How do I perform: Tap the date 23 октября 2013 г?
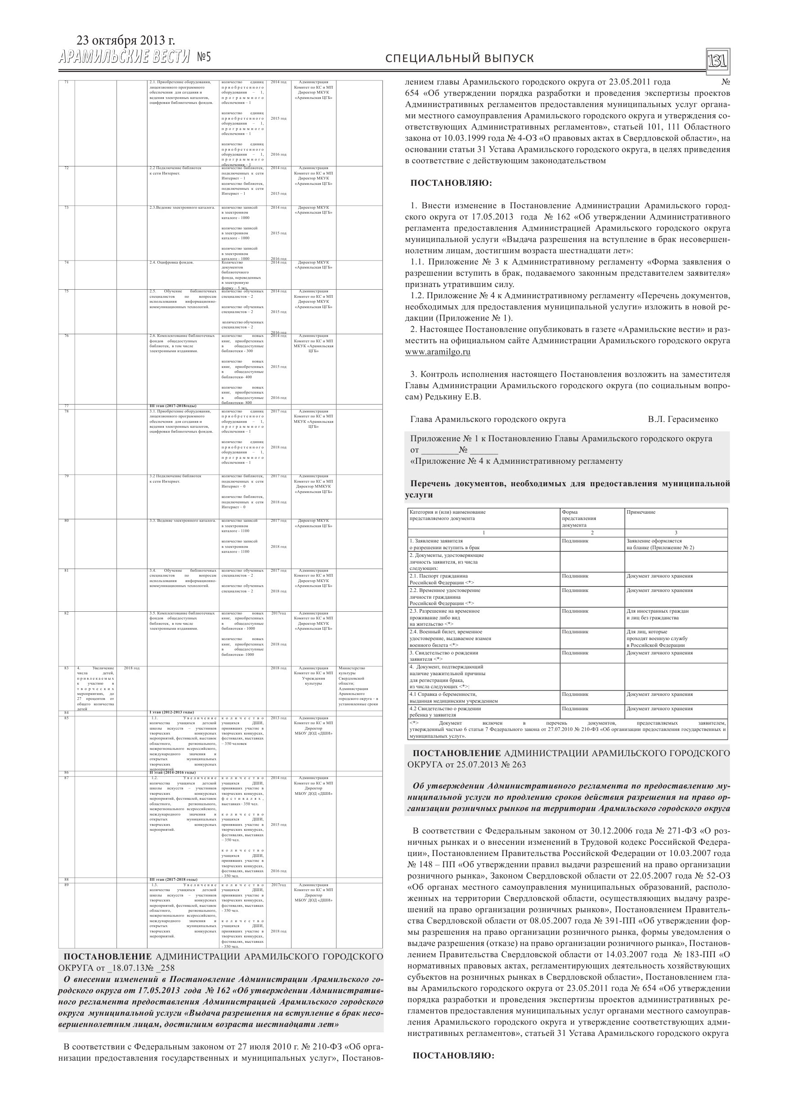click(126, 41)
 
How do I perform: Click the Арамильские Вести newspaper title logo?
click(125, 58)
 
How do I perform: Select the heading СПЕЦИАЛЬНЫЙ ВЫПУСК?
click(459, 58)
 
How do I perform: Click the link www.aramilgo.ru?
click(438, 352)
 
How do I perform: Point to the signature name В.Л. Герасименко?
click(682, 419)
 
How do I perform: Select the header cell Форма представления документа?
click(578, 518)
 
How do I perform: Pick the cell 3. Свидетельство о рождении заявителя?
click(444, 656)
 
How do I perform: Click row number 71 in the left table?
click(67, 82)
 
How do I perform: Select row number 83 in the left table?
click(67, 668)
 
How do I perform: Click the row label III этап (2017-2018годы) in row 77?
click(173, 405)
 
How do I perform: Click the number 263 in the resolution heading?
click(519, 764)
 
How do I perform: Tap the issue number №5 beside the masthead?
click(204, 58)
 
